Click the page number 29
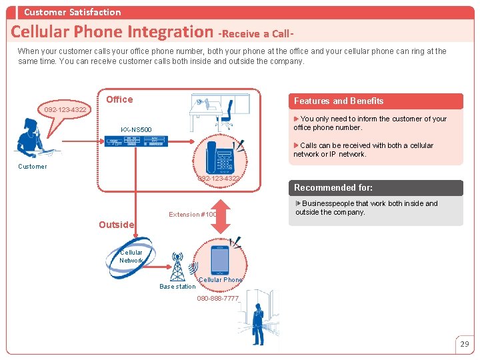point(465,344)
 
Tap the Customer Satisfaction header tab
point(72,12)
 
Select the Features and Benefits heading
point(339,101)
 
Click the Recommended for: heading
point(333,188)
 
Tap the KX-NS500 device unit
point(136,141)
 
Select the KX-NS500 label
point(136,129)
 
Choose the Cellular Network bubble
point(131,257)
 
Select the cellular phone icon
point(220,260)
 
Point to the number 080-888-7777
point(217,299)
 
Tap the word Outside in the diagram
point(116,225)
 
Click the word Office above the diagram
point(119,99)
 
